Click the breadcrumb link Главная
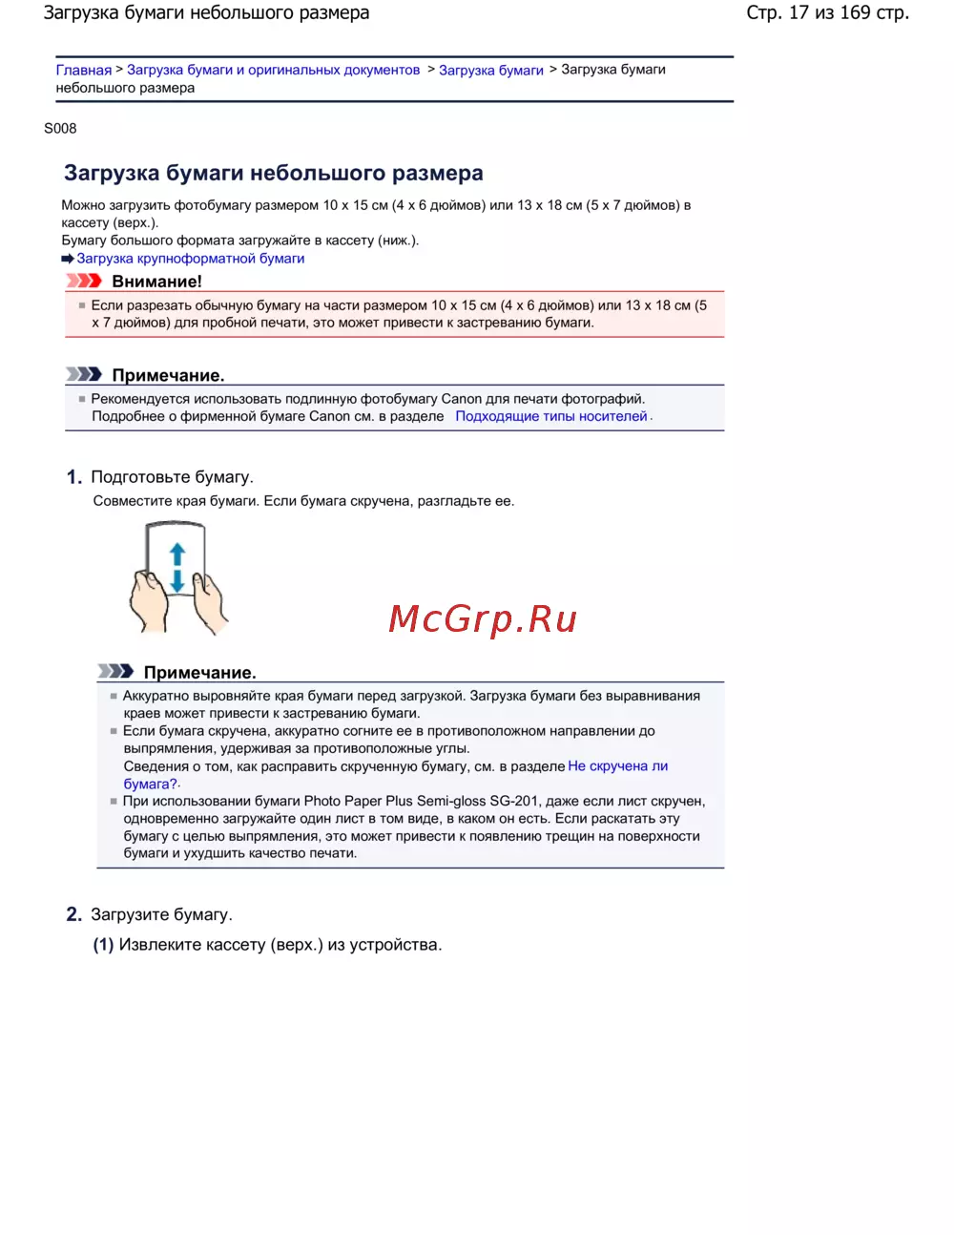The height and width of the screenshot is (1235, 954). pyautogui.click(x=83, y=70)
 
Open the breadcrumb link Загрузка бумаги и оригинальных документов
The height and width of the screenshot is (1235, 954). pyautogui.click(x=273, y=70)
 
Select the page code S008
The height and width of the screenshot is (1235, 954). pyautogui.click(x=60, y=128)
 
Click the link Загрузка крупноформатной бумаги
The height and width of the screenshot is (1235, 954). pyautogui.click(x=191, y=259)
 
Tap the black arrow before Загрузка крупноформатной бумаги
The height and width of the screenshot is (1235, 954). pyautogui.click(x=68, y=259)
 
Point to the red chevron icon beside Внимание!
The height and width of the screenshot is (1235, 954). pyautogui.click(x=84, y=281)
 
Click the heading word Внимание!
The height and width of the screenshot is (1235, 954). pyautogui.click(x=156, y=282)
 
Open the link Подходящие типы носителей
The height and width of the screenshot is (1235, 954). pyautogui.click(x=550, y=416)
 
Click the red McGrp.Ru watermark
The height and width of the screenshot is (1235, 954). pyautogui.click(x=483, y=618)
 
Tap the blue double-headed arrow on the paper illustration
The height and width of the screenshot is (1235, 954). pyautogui.click(x=176, y=568)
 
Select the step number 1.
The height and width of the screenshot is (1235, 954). pyautogui.click(x=73, y=477)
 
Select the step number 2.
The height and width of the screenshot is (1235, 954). pyautogui.click(x=73, y=914)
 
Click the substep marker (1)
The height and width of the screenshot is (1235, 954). pyautogui.click(x=103, y=945)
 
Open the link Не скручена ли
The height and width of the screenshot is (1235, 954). pyautogui.click(x=617, y=766)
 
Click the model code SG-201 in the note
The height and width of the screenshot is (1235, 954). pyautogui.click(x=514, y=802)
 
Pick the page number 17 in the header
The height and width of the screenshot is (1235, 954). pyautogui.click(x=798, y=12)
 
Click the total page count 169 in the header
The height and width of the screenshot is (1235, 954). pyautogui.click(x=855, y=12)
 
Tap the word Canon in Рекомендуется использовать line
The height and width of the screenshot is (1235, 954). pyautogui.click(x=461, y=399)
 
